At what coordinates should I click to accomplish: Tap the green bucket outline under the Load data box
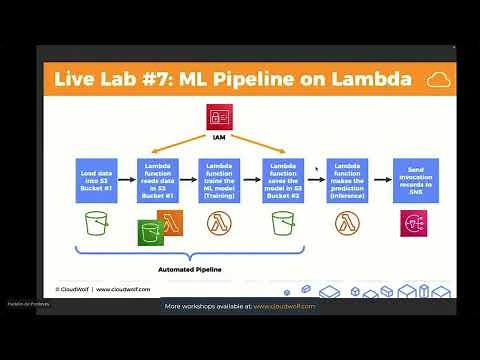coord(96,226)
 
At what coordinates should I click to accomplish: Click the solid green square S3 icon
coord(151,236)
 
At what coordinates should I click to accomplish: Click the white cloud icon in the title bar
coord(436,80)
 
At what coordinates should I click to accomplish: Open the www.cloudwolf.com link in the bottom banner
coord(285,306)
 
